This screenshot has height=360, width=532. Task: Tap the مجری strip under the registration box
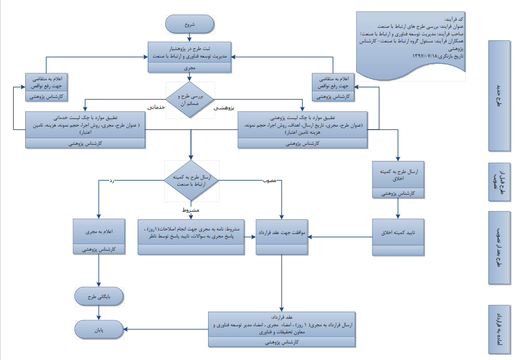189,67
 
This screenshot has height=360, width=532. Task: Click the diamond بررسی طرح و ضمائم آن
190,99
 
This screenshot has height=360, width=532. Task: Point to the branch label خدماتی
157,107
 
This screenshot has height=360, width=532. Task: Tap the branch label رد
108,181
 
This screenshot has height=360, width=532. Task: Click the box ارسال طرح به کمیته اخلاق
398,175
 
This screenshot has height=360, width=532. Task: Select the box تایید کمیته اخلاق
398,231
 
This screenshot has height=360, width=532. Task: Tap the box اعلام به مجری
99,231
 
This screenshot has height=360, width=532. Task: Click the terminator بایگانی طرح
99,296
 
